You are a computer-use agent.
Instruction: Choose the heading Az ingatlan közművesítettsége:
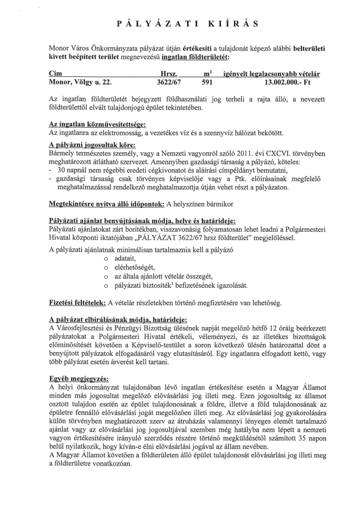[x=97, y=125]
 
